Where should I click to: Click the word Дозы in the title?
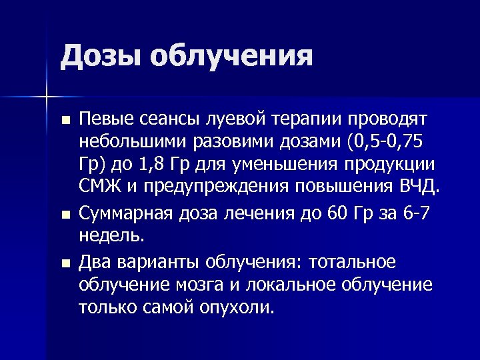[99, 57]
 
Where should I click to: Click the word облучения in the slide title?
[231, 57]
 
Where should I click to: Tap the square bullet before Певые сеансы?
[64, 121]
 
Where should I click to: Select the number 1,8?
[157, 166]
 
